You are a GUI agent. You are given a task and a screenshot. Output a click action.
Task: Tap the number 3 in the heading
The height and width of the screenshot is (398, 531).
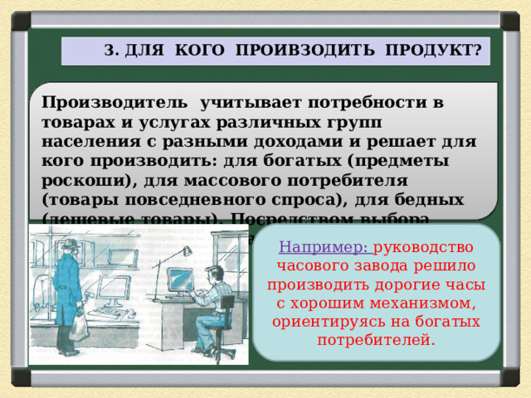click(x=110, y=51)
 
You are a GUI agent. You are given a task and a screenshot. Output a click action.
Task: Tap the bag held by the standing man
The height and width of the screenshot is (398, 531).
click(x=79, y=327)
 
